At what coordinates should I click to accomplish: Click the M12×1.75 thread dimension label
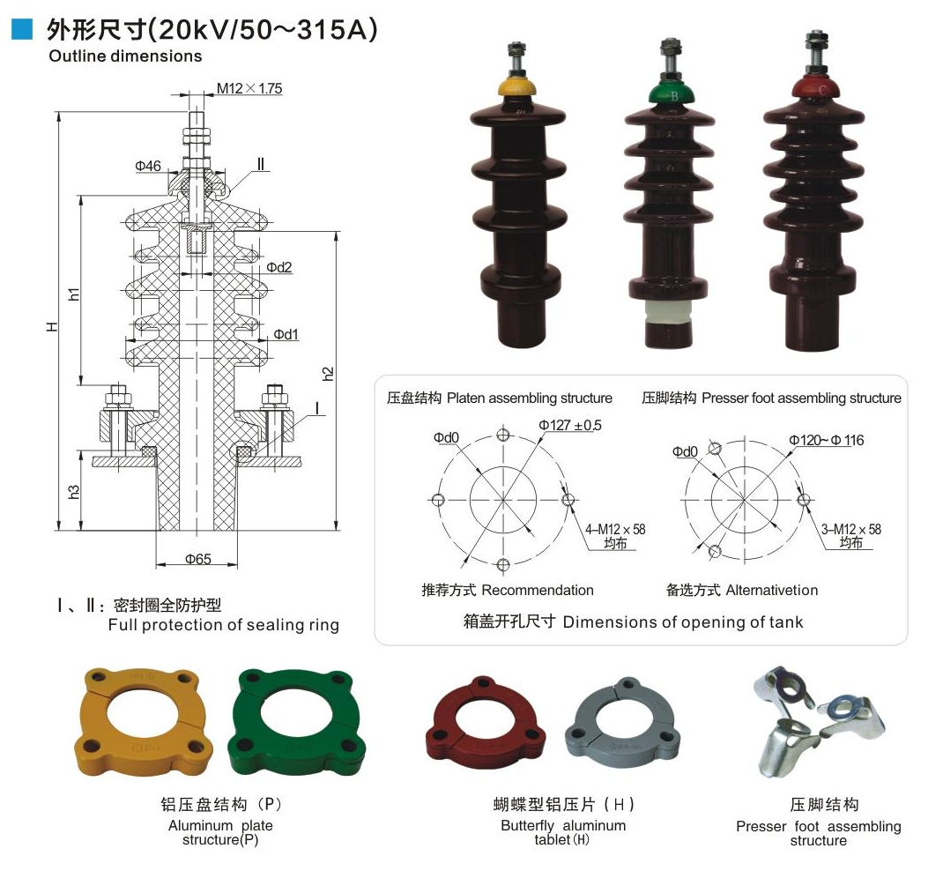coord(249,88)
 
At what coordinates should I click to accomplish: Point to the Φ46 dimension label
coord(148,166)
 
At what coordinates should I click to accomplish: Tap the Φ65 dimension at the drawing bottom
coord(197,558)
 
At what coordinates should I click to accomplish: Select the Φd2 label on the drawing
coord(279,267)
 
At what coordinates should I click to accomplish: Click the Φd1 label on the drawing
coord(286,334)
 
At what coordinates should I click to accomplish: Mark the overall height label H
coord(53,325)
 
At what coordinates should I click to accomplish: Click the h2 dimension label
coord(328,373)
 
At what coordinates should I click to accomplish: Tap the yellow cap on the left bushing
coord(519,86)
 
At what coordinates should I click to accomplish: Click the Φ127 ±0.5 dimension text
coord(570,425)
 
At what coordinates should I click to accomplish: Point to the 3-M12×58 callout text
coord(850,529)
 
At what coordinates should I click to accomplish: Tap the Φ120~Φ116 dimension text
coord(826,439)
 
